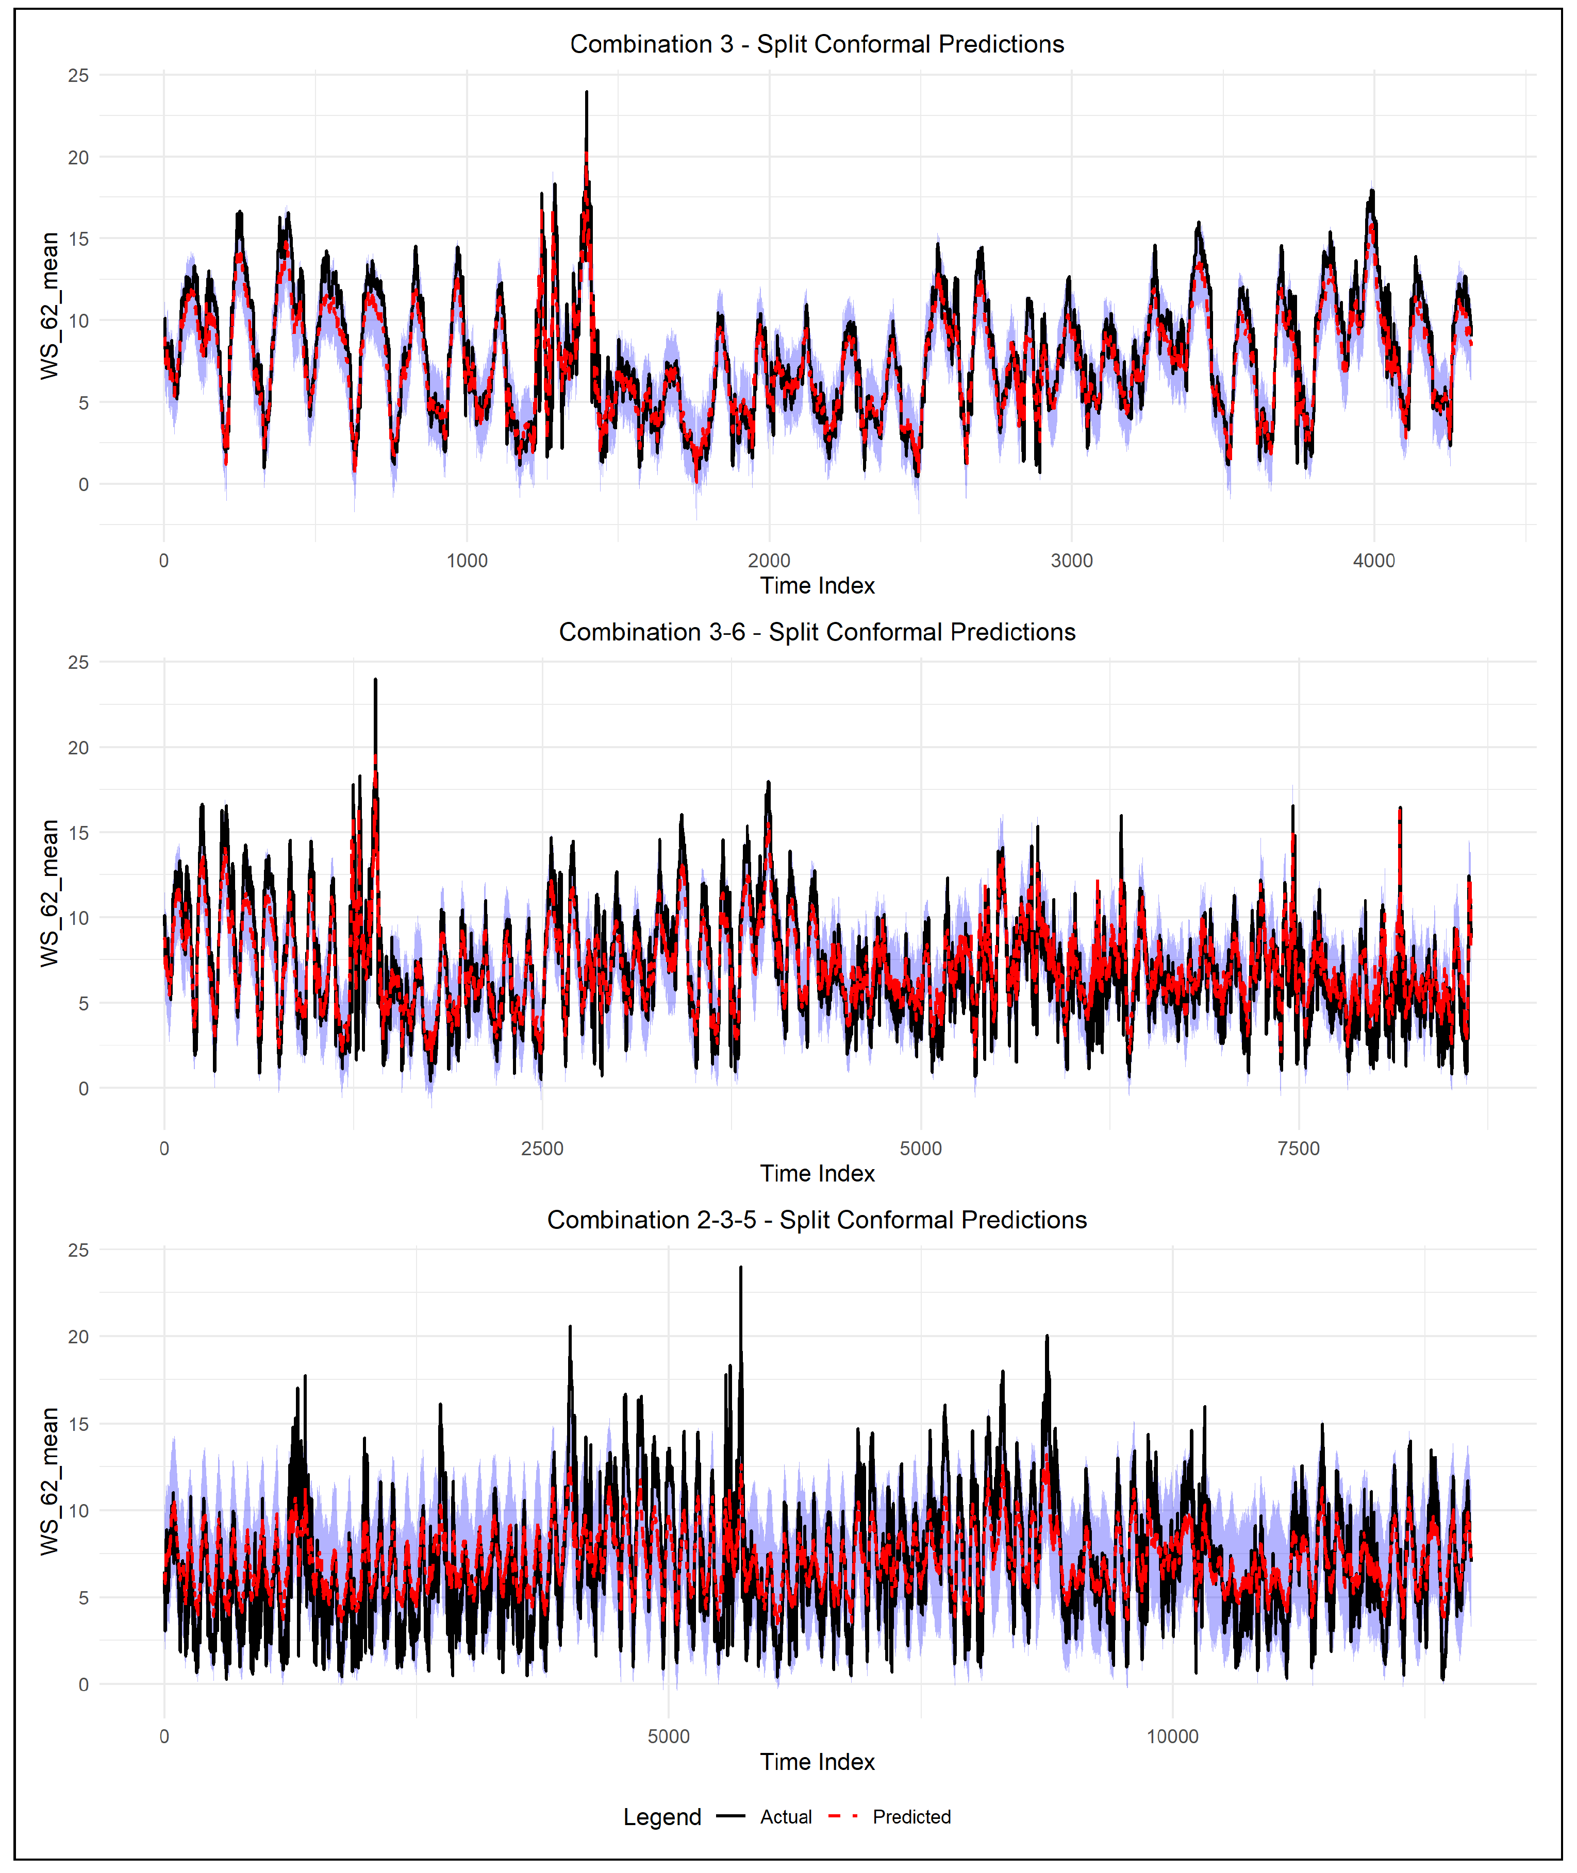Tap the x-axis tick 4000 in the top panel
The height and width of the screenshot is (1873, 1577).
(x=1373, y=561)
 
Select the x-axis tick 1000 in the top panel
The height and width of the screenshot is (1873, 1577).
(x=467, y=561)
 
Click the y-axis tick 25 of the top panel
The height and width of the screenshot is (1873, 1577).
(x=79, y=76)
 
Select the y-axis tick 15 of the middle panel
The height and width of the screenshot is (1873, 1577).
(x=79, y=833)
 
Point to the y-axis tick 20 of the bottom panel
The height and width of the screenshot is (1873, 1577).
(x=79, y=1337)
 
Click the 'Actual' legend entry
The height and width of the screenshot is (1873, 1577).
(x=785, y=1817)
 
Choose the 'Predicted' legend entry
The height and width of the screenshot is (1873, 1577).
(x=911, y=1817)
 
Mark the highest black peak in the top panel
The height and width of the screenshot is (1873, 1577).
(x=587, y=93)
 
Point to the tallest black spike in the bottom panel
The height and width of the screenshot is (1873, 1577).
(x=740, y=1268)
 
